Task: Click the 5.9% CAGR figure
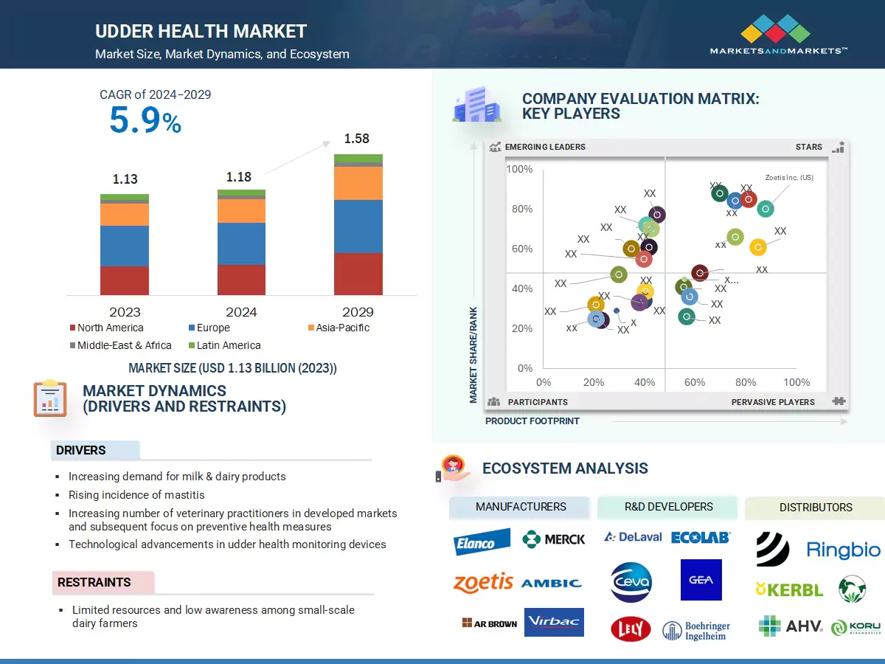tap(145, 120)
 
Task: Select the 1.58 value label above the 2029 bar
tap(356, 139)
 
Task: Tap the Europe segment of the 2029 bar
tap(358, 226)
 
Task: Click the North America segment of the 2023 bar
tap(125, 280)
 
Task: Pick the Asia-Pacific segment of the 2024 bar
tap(241, 211)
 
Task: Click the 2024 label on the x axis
tap(241, 312)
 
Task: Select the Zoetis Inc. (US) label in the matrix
tap(789, 177)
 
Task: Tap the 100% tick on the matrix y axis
tap(519, 170)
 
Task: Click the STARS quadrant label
tap(808, 147)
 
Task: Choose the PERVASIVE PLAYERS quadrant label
tap(773, 402)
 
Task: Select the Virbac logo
tap(554, 622)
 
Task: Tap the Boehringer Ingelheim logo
tap(696, 630)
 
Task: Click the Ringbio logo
tap(843, 550)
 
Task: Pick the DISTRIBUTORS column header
tap(815, 508)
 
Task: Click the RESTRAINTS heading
tap(94, 582)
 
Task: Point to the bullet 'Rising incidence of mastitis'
tap(136, 495)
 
